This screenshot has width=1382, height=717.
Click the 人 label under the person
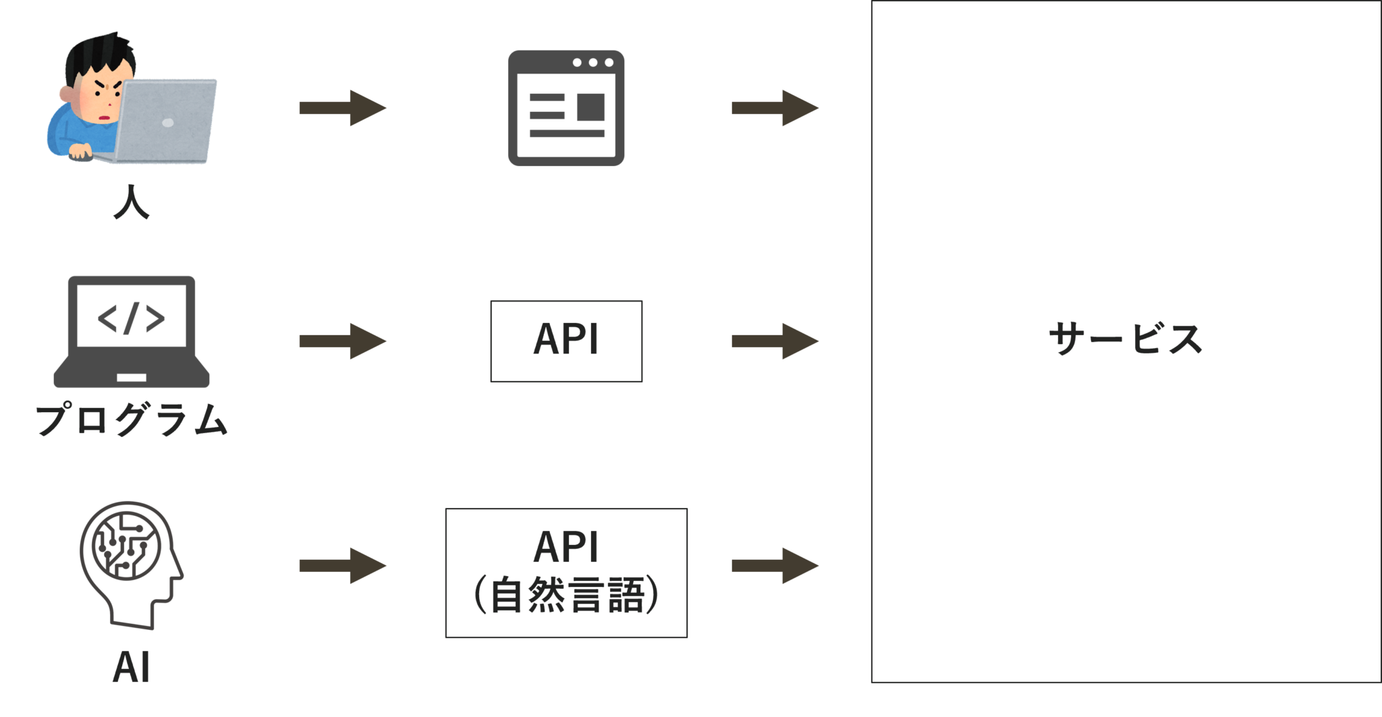[131, 203]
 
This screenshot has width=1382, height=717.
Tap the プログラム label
[132, 420]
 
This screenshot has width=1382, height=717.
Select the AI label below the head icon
[131, 668]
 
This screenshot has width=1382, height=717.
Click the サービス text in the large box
[1125, 339]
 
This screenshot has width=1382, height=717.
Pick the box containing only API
[566, 341]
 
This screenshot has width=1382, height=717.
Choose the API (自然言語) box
[566, 573]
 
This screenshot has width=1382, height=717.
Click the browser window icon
[565, 108]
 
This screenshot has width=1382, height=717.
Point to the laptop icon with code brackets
[132, 331]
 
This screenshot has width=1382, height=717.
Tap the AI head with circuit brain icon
[131, 564]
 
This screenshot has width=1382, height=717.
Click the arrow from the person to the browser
[343, 108]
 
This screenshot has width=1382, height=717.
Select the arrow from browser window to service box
[775, 108]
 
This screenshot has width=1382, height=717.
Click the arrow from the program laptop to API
[343, 341]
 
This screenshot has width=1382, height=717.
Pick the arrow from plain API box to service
[775, 341]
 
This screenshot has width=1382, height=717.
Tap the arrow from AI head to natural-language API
[343, 565]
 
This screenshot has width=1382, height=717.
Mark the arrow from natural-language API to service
[775, 565]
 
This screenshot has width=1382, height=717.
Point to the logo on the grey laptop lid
[168, 123]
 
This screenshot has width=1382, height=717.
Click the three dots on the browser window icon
[592, 63]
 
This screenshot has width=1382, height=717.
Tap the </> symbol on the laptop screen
[132, 318]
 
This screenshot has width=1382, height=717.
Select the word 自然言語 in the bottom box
[567, 596]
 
